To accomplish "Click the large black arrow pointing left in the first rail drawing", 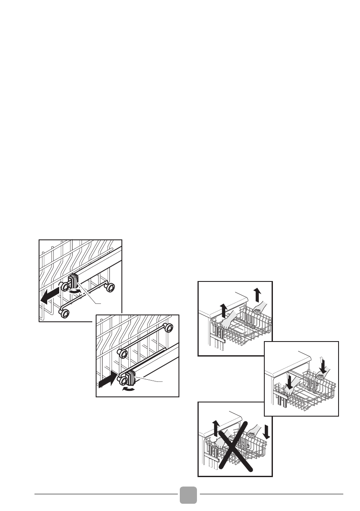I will pyautogui.click(x=48, y=296).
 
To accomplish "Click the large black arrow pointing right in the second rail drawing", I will pyautogui.click(x=108, y=379).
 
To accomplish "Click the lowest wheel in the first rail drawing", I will pyautogui.click(x=66, y=314).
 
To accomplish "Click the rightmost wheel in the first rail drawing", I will pyautogui.click(x=112, y=287).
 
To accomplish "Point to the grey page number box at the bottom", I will pyautogui.click(x=188, y=496).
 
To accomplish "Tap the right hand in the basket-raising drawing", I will pyautogui.click(x=258, y=307).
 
